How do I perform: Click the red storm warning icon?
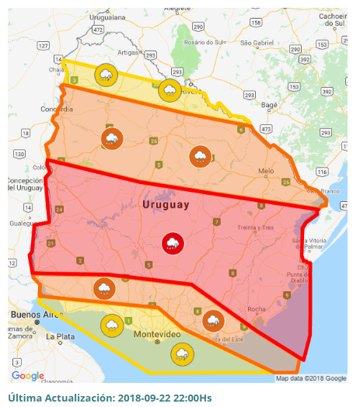pos(172,244)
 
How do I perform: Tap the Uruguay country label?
pos(166,205)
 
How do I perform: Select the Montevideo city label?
pos(157,333)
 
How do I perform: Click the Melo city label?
pos(267,170)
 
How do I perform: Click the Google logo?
pos(27,376)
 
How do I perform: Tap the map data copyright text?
pos(311,378)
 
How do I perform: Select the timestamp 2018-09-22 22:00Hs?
pos(163,398)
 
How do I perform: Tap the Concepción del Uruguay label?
pos(25,185)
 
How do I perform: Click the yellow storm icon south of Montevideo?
pos(182,354)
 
